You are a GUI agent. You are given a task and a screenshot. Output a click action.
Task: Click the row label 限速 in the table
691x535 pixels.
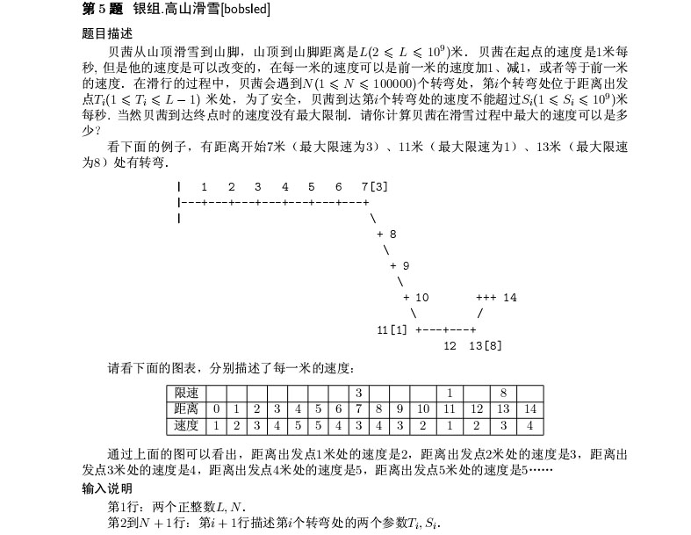pyautogui.click(x=186, y=392)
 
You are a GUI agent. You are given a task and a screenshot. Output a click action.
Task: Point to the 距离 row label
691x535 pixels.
pyautogui.click(x=186, y=408)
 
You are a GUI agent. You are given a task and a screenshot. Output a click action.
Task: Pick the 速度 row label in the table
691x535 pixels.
pyautogui.click(x=186, y=425)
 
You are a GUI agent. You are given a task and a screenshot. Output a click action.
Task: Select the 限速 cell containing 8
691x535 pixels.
pyautogui.click(x=503, y=392)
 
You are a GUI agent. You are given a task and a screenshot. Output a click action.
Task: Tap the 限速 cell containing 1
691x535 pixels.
pyautogui.click(x=449, y=392)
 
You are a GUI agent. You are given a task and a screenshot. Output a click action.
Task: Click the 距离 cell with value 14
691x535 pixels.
pyautogui.click(x=530, y=408)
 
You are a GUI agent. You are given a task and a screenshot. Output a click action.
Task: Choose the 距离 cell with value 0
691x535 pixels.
pyautogui.click(x=216, y=408)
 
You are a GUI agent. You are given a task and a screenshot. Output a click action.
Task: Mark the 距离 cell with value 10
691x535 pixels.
pyautogui.click(x=421, y=408)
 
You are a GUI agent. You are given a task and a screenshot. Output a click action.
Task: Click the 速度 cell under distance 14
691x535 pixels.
pyautogui.click(x=530, y=425)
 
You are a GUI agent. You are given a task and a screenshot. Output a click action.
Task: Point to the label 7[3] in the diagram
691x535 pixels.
pyautogui.click(x=374, y=187)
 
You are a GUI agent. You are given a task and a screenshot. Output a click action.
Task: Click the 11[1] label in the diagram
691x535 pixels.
pyautogui.click(x=392, y=329)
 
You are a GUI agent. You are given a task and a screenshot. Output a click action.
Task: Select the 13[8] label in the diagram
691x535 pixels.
pyautogui.click(x=486, y=345)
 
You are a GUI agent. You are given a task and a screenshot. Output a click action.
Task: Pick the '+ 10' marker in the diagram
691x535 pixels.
pyautogui.click(x=415, y=298)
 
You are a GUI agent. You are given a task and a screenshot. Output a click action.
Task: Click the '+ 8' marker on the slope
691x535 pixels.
pyautogui.click(x=386, y=235)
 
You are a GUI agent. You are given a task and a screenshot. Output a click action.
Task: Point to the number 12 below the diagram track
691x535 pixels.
pyautogui.click(x=450, y=345)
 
